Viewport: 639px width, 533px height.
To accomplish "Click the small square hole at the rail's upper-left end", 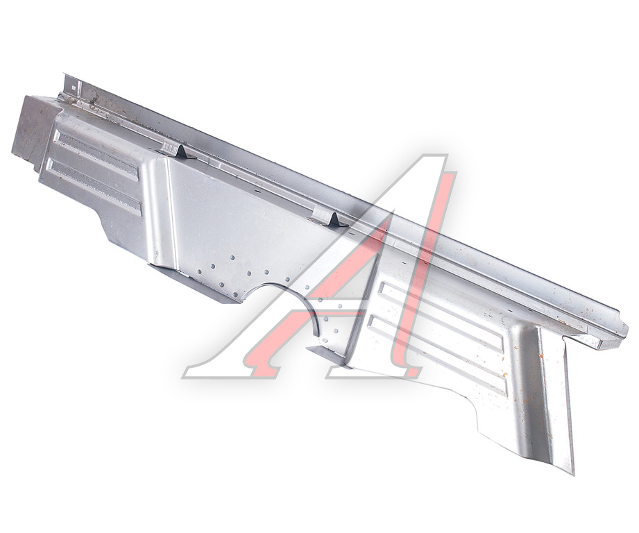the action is coord(74,86).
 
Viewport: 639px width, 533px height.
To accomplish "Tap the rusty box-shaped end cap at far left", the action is coord(33,130).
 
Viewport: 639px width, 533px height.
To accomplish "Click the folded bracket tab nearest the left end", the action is coord(176,151).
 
